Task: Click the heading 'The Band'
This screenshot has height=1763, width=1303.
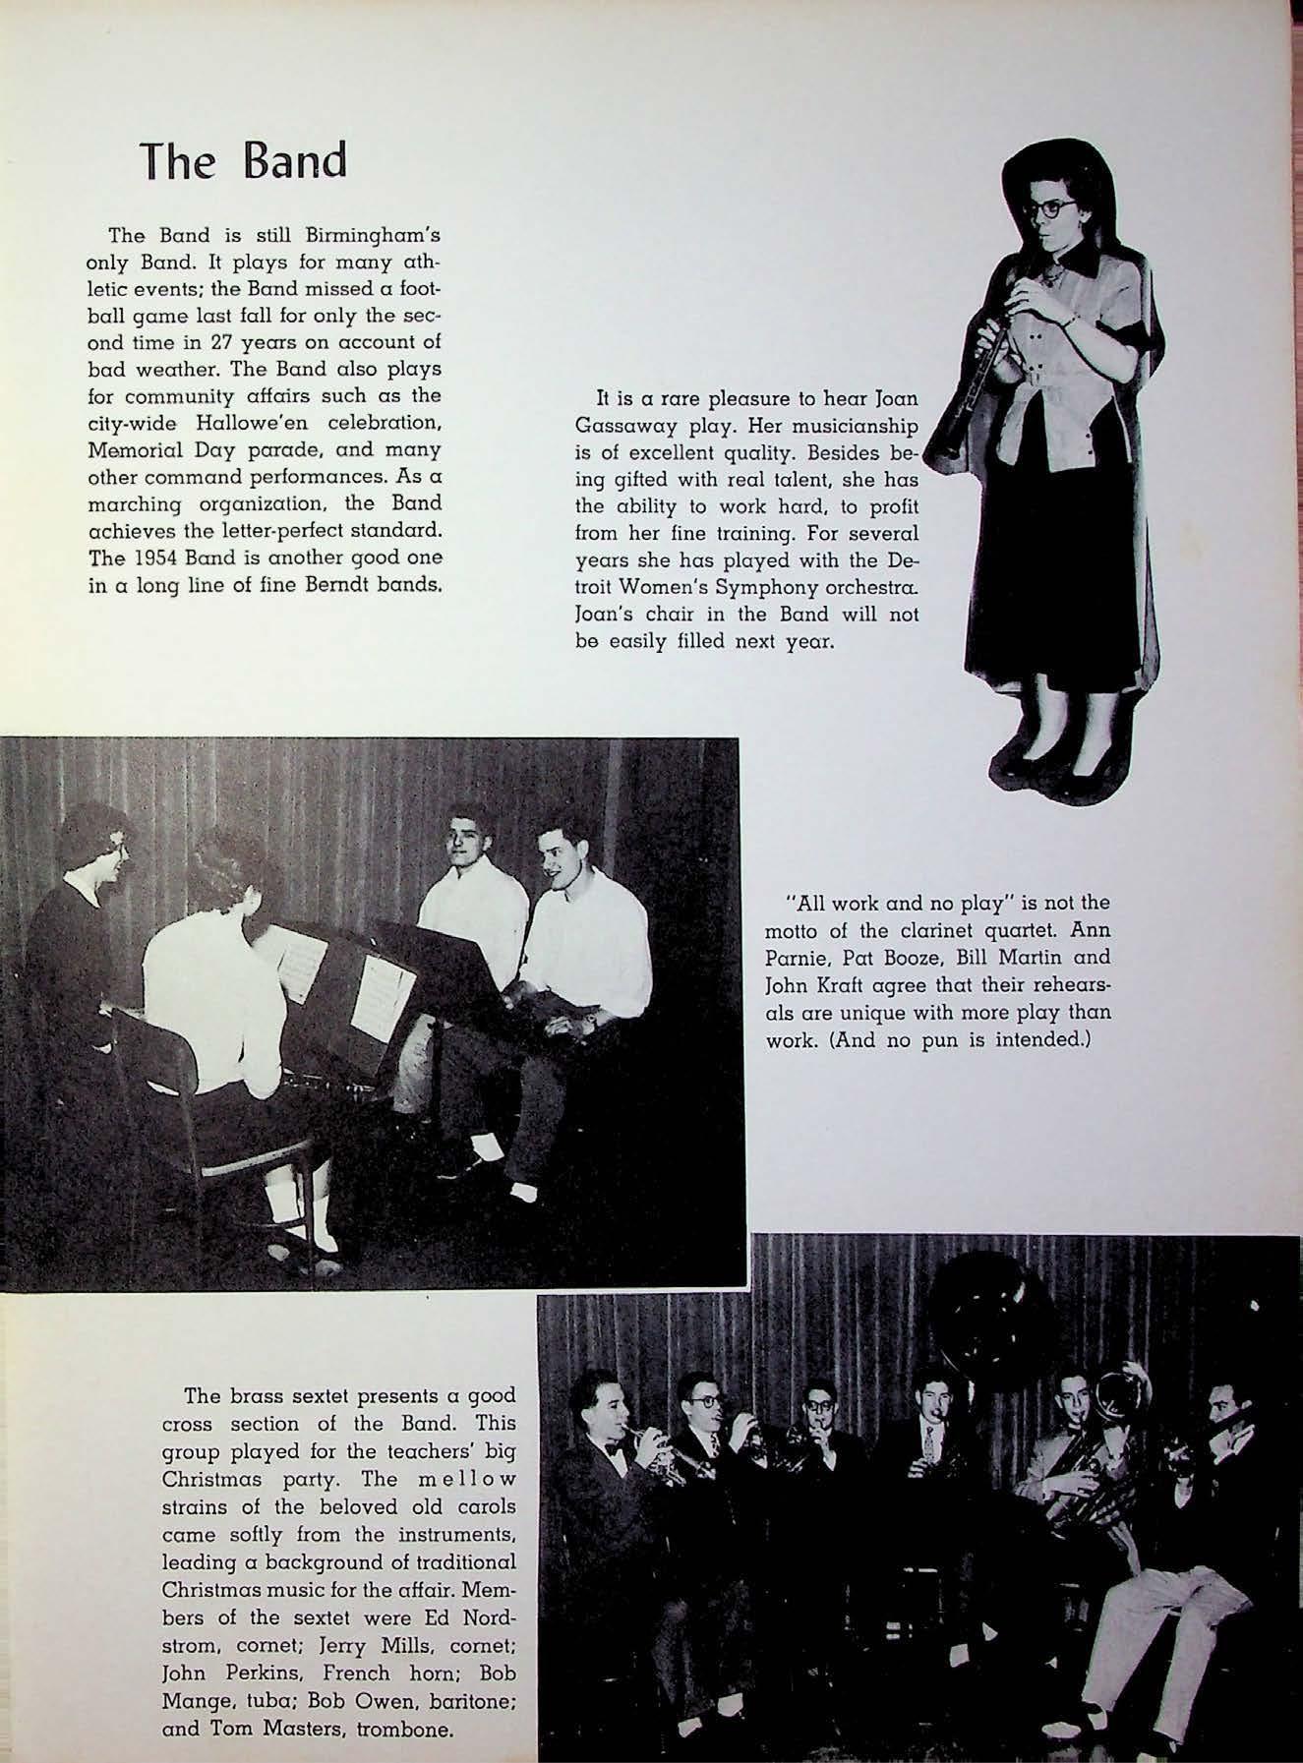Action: click(242, 160)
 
